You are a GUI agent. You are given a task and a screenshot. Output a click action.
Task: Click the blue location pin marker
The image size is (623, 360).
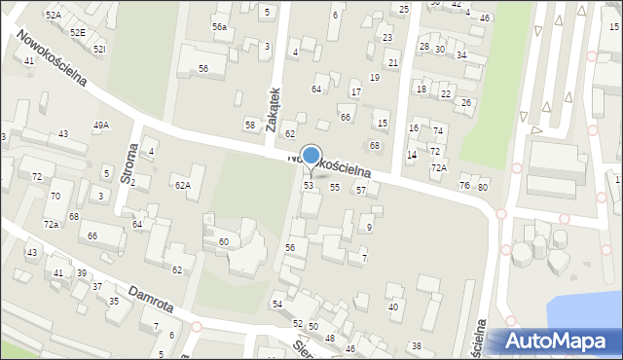click(x=311, y=157)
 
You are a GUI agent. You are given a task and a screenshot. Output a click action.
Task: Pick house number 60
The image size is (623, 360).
click(x=224, y=241)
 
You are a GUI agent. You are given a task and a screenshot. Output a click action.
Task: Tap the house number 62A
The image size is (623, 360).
click(x=181, y=185)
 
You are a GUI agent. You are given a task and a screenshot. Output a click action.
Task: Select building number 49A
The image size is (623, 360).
click(x=101, y=126)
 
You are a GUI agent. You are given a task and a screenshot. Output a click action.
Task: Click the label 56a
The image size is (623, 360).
click(x=220, y=27)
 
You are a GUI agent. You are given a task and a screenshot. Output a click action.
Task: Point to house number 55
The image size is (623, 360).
click(x=335, y=187)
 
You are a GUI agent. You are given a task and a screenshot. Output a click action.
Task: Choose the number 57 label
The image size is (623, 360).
click(x=360, y=190)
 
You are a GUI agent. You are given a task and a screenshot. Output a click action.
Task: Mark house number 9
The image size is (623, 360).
click(x=369, y=228)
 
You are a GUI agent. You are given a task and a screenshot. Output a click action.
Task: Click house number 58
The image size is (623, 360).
click(x=250, y=126)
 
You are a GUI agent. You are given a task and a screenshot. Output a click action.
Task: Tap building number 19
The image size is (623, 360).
click(x=375, y=77)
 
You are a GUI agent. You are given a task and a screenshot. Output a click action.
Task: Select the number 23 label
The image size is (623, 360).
click(x=387, y=38)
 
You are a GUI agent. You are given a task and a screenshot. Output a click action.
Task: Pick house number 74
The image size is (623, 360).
click(x=438, y=131)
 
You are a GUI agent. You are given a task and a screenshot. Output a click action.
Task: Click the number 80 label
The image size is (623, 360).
click(x=482, y=187)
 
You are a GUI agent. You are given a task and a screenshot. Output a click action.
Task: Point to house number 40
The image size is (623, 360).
click(x=393, y=307)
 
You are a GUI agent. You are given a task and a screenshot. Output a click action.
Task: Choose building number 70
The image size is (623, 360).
click(x=55, y=196)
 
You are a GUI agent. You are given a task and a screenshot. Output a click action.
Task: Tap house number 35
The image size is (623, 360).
click(x=114, y=302)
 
